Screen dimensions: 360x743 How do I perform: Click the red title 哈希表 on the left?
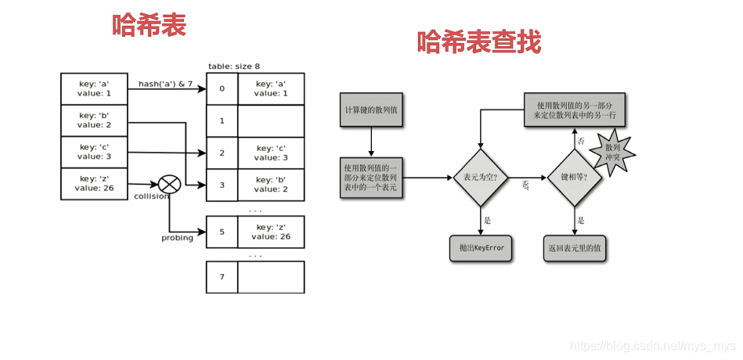point(149,25)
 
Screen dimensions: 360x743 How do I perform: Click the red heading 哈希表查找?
point(478,41)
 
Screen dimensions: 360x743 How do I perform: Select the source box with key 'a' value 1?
point(94,88)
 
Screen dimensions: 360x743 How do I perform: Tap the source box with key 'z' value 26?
point(94,183)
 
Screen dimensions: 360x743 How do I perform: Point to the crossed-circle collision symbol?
point(169,185)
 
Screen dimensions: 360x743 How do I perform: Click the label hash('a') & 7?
point(165,84)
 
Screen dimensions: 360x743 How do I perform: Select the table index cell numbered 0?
point(222,88)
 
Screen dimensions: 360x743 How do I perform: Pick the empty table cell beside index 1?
point(270,121)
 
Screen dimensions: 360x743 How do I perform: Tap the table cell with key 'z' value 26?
point(270,232)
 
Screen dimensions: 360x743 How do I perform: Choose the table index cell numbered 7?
point(222,277)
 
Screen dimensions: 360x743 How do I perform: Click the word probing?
point(177,238)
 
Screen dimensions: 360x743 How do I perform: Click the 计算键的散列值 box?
point(371,110)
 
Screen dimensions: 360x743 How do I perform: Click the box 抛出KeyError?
point(482,248)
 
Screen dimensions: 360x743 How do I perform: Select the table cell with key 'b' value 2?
point(270,185)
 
